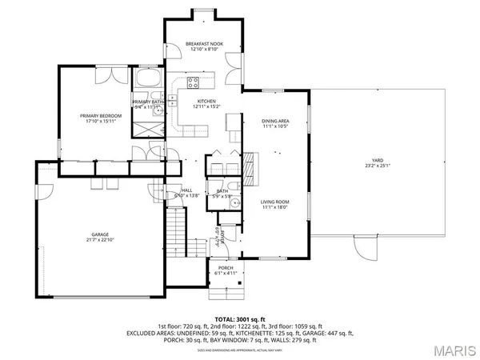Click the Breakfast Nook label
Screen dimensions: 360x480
point(204,44)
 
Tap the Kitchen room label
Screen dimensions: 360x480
point(206,101)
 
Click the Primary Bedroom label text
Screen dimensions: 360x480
point(101,116)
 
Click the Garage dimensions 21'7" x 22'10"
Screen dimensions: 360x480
point(100,240)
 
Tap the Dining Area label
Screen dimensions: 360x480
point(275,122)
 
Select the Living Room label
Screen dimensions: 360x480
point(275,202)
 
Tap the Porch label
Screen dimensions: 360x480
point(225,269)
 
